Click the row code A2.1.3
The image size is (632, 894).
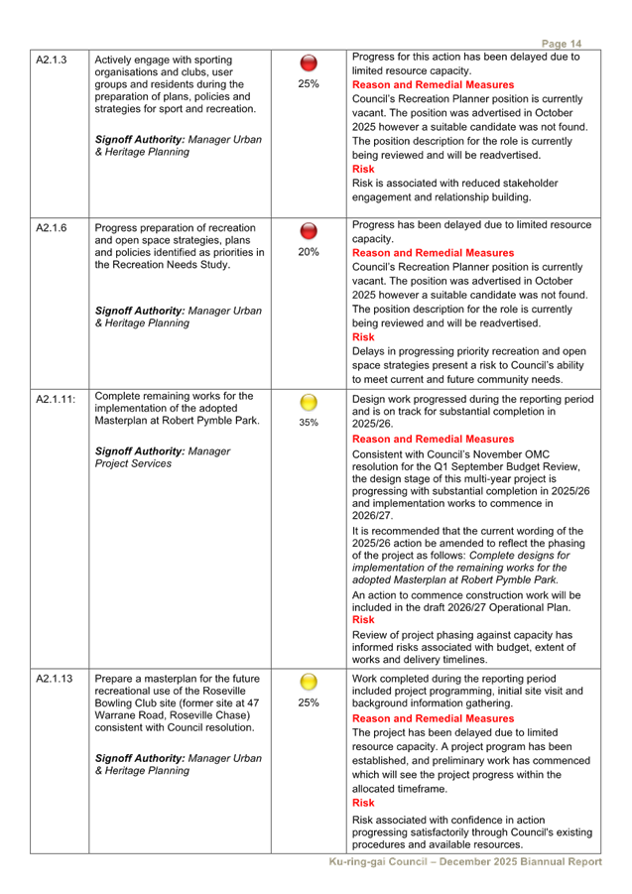[51, 61]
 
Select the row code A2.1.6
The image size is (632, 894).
[51, 228]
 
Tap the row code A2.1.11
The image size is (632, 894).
[54, 399]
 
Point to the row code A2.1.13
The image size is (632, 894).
[54, 679]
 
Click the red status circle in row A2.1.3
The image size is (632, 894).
[308, 64]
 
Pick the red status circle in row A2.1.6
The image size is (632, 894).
[308, 232]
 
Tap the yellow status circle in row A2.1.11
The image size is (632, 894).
[308, 403]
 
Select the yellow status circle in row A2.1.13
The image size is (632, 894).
[308, 682]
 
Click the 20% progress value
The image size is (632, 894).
[308, 252]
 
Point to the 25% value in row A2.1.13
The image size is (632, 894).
[308, 702]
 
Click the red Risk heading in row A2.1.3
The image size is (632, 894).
[363, 170]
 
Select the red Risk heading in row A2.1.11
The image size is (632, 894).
[363, 620]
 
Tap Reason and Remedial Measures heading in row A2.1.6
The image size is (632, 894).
[433, 253]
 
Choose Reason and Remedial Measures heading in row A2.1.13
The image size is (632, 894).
[433, 717]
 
